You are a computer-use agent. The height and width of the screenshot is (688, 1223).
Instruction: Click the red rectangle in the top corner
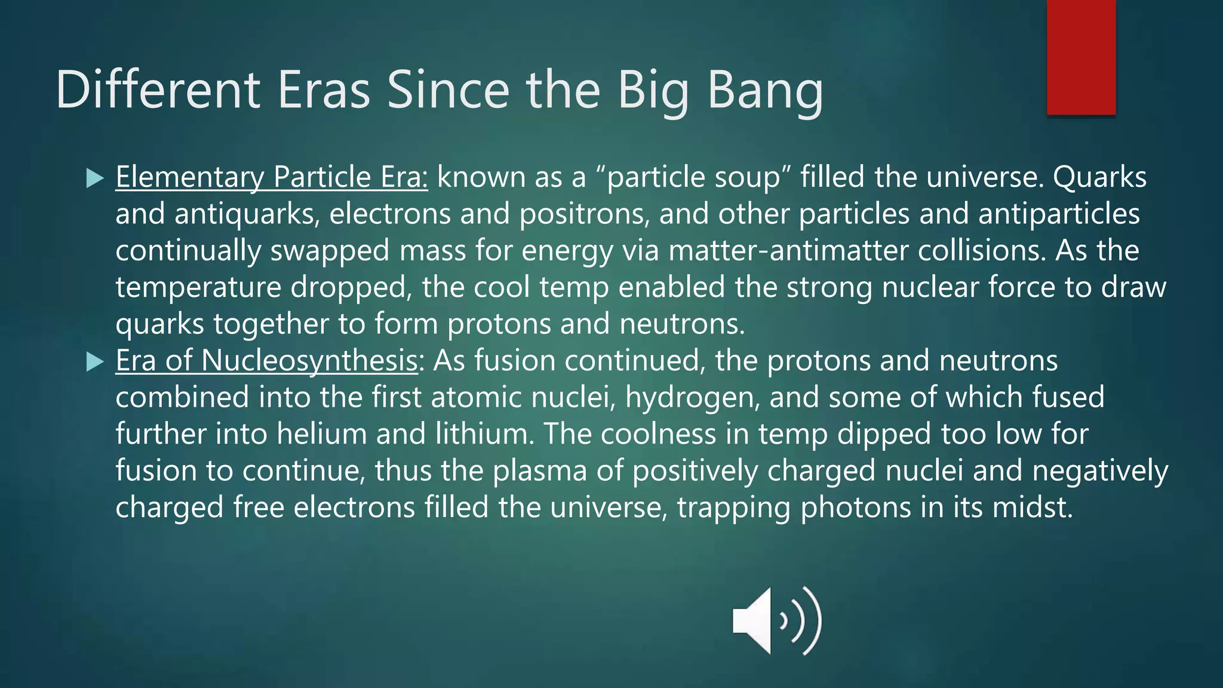click(x=1081, y=57)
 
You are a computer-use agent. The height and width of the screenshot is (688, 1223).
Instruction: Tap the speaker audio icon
click(x=776, y=621)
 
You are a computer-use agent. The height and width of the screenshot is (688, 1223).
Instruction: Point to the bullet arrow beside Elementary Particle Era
click(x=95, y=178)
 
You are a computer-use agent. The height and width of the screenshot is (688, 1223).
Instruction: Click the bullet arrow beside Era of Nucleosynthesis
click(x=95, y=361)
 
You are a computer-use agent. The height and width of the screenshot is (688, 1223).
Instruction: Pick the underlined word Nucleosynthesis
click(x=309, y=361)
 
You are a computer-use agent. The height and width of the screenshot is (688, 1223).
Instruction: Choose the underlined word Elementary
click(x=189, y=177)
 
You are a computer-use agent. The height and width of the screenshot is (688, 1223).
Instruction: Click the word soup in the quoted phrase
click(x=746, y=177)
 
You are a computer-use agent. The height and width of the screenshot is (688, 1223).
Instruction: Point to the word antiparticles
click(x=1059, y=214)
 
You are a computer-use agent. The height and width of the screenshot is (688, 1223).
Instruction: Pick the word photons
click(x=855, y=508)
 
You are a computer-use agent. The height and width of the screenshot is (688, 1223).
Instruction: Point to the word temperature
click(x=198, y=288)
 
